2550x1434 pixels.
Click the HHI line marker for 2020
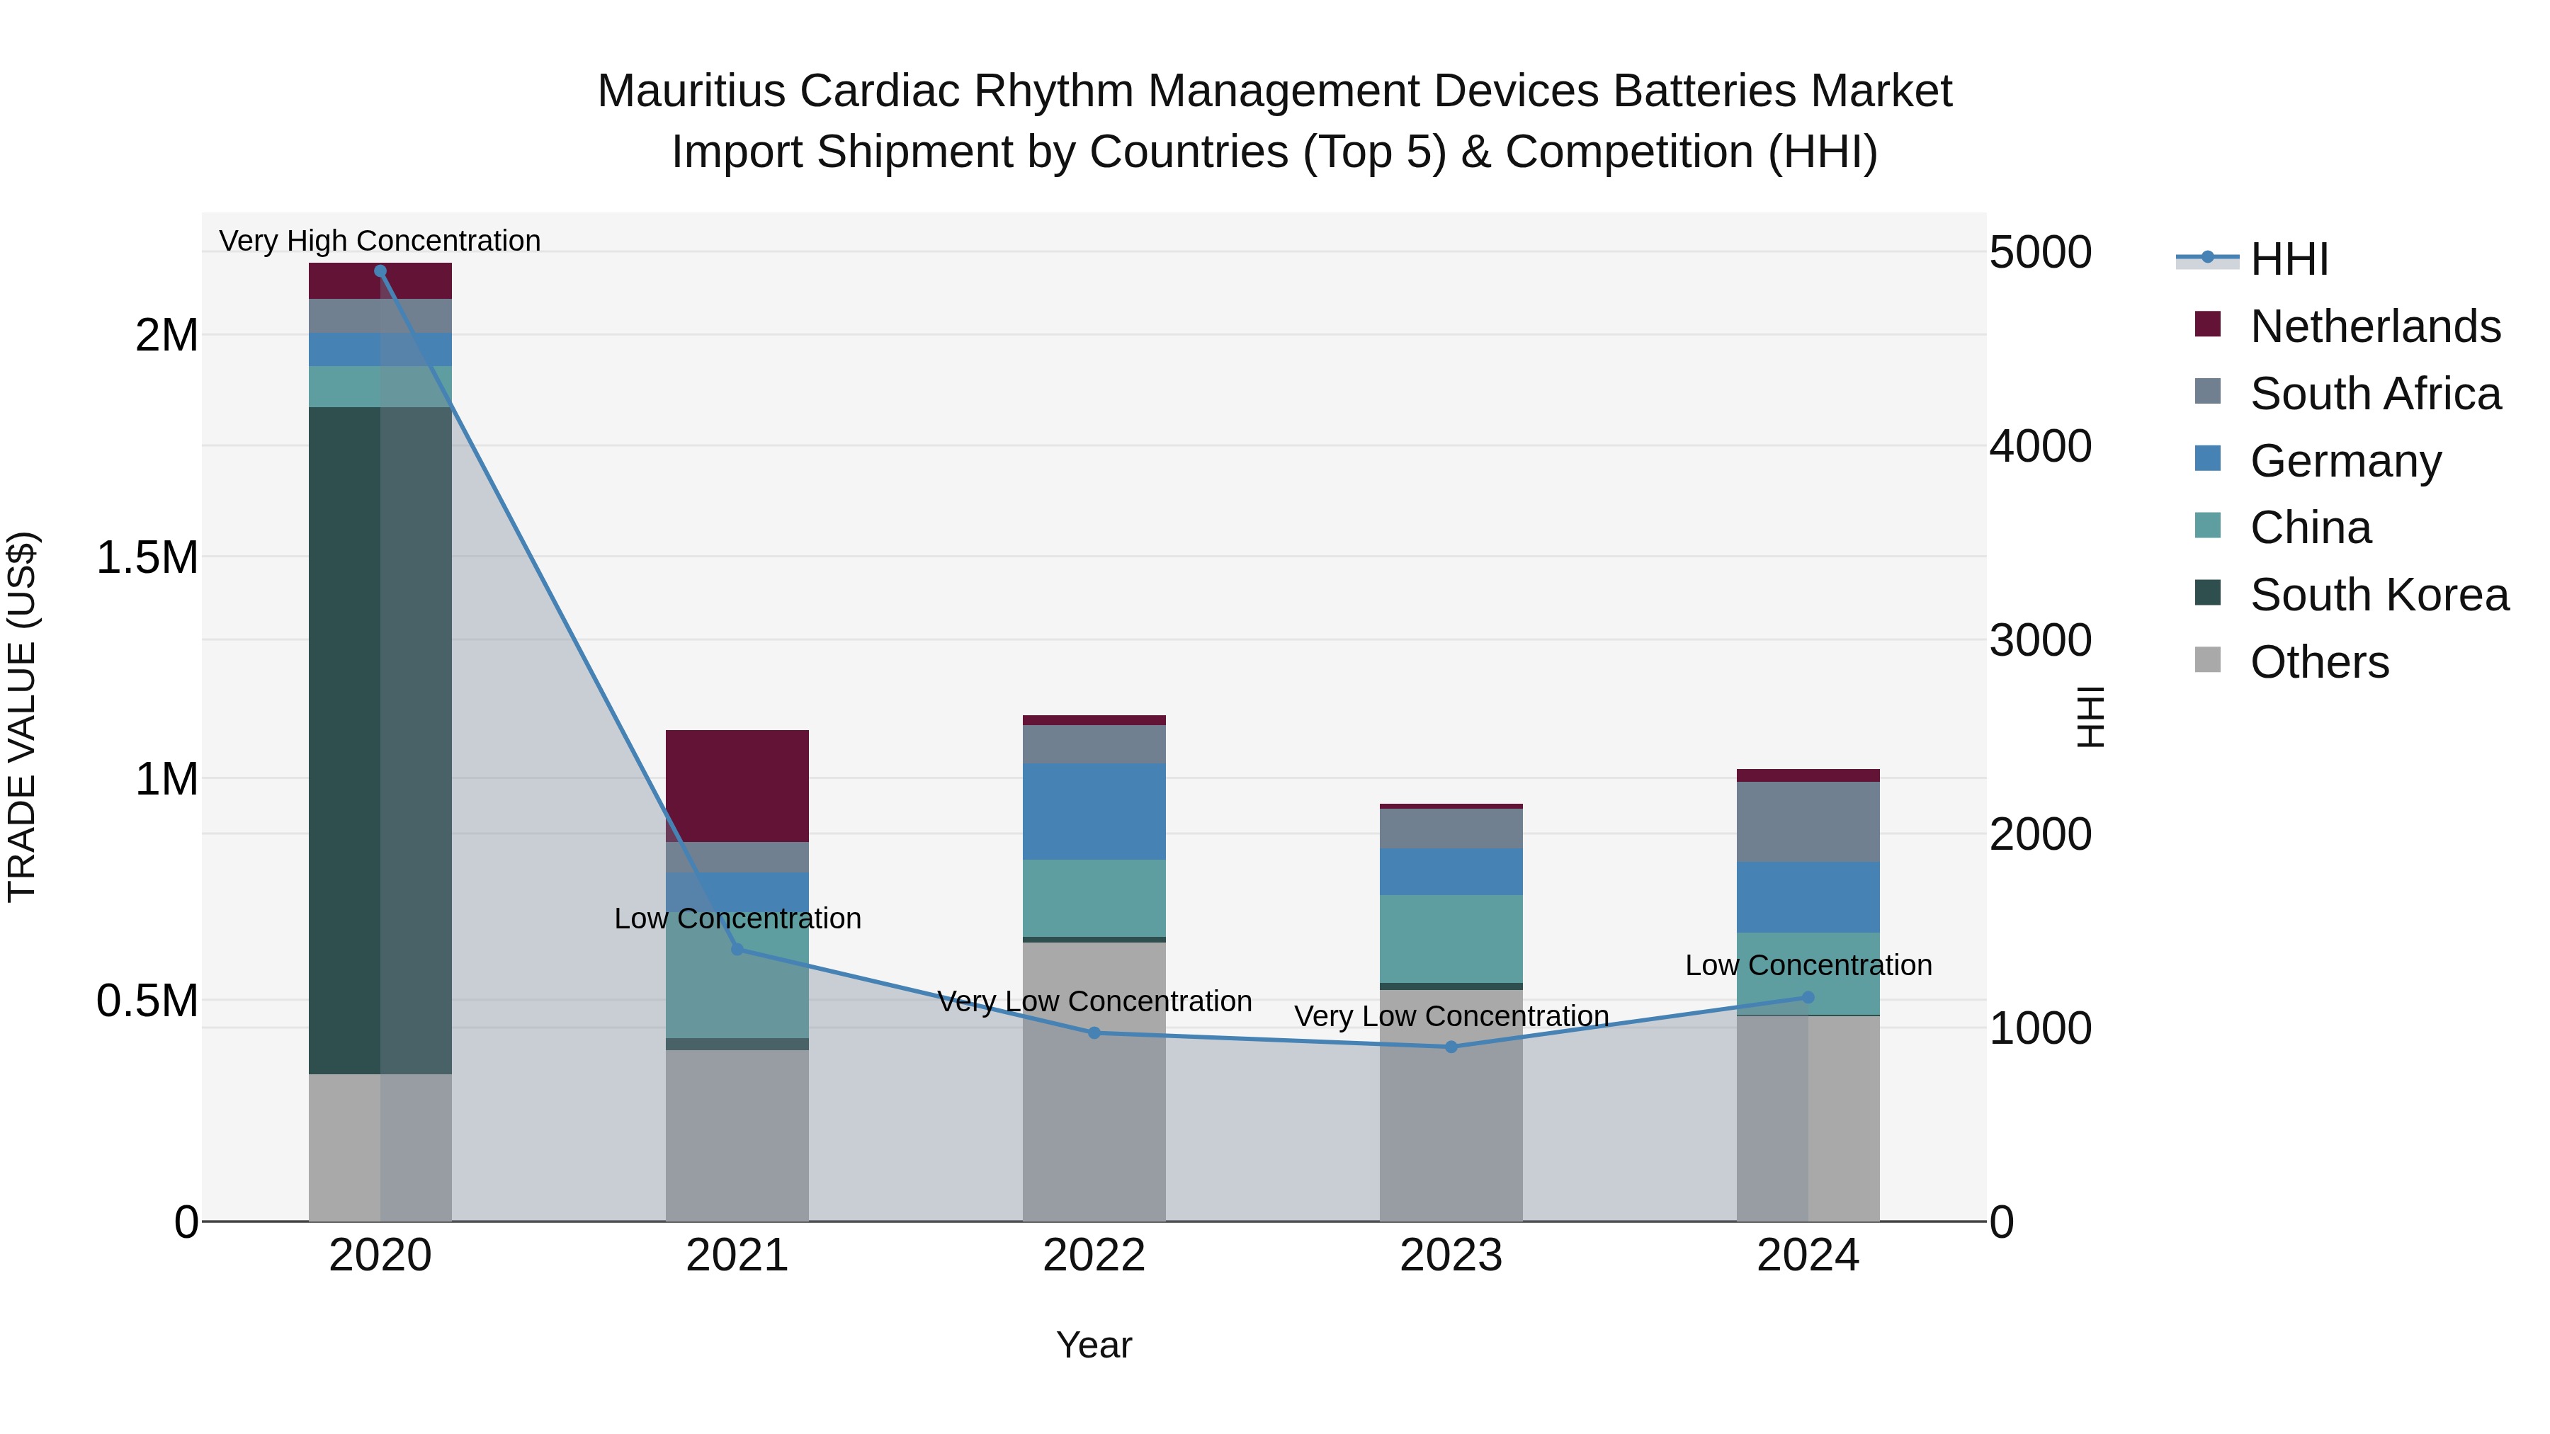tap(380, 271)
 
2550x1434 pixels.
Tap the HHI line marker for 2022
tap(1094, 1033)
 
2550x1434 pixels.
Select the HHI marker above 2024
tap(1808, 998)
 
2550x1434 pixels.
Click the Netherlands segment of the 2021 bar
tap(737, 786)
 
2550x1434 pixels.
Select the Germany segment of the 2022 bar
tap(1094, 812)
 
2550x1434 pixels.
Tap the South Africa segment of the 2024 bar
tap(1808, 822)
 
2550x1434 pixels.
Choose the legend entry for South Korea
tap(2379, 596)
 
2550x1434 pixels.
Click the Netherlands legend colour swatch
tap(2207, 324)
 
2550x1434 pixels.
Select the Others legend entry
tap(2318, 663)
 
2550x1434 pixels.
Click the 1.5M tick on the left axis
tap(147, 558)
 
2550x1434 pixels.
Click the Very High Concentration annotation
tap(380, 241)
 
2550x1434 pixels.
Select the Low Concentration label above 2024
tap(1808, 966)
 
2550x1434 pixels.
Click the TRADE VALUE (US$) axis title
tap(23, 717)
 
